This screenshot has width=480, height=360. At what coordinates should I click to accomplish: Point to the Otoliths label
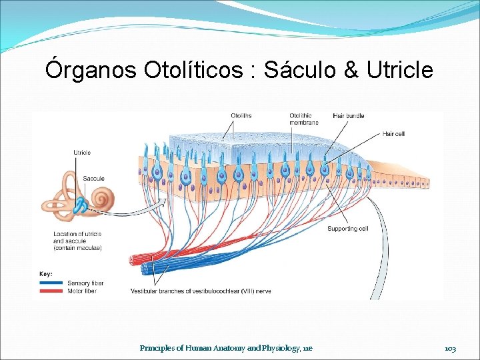point(241,115)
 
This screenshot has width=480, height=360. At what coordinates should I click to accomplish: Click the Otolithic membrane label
point(304,119)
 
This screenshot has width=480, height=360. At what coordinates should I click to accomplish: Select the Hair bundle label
point(347,115)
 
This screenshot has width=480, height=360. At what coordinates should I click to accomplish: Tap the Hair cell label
point(393,133)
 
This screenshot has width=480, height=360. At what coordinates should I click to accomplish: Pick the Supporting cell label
point(347,229)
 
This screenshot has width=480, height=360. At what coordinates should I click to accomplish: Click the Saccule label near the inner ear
point(93,178)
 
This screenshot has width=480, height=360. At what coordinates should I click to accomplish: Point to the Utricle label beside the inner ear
point(82,153)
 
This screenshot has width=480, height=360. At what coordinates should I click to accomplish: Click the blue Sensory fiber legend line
point(52,283)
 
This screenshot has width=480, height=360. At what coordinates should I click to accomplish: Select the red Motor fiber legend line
point(52,291)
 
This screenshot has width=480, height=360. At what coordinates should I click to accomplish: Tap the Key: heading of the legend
point(46,274)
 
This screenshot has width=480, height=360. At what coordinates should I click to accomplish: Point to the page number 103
point(450,348)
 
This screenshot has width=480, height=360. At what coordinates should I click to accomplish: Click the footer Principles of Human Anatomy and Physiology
point(226,348)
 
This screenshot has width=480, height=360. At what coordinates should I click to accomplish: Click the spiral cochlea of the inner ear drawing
point(104,199)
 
